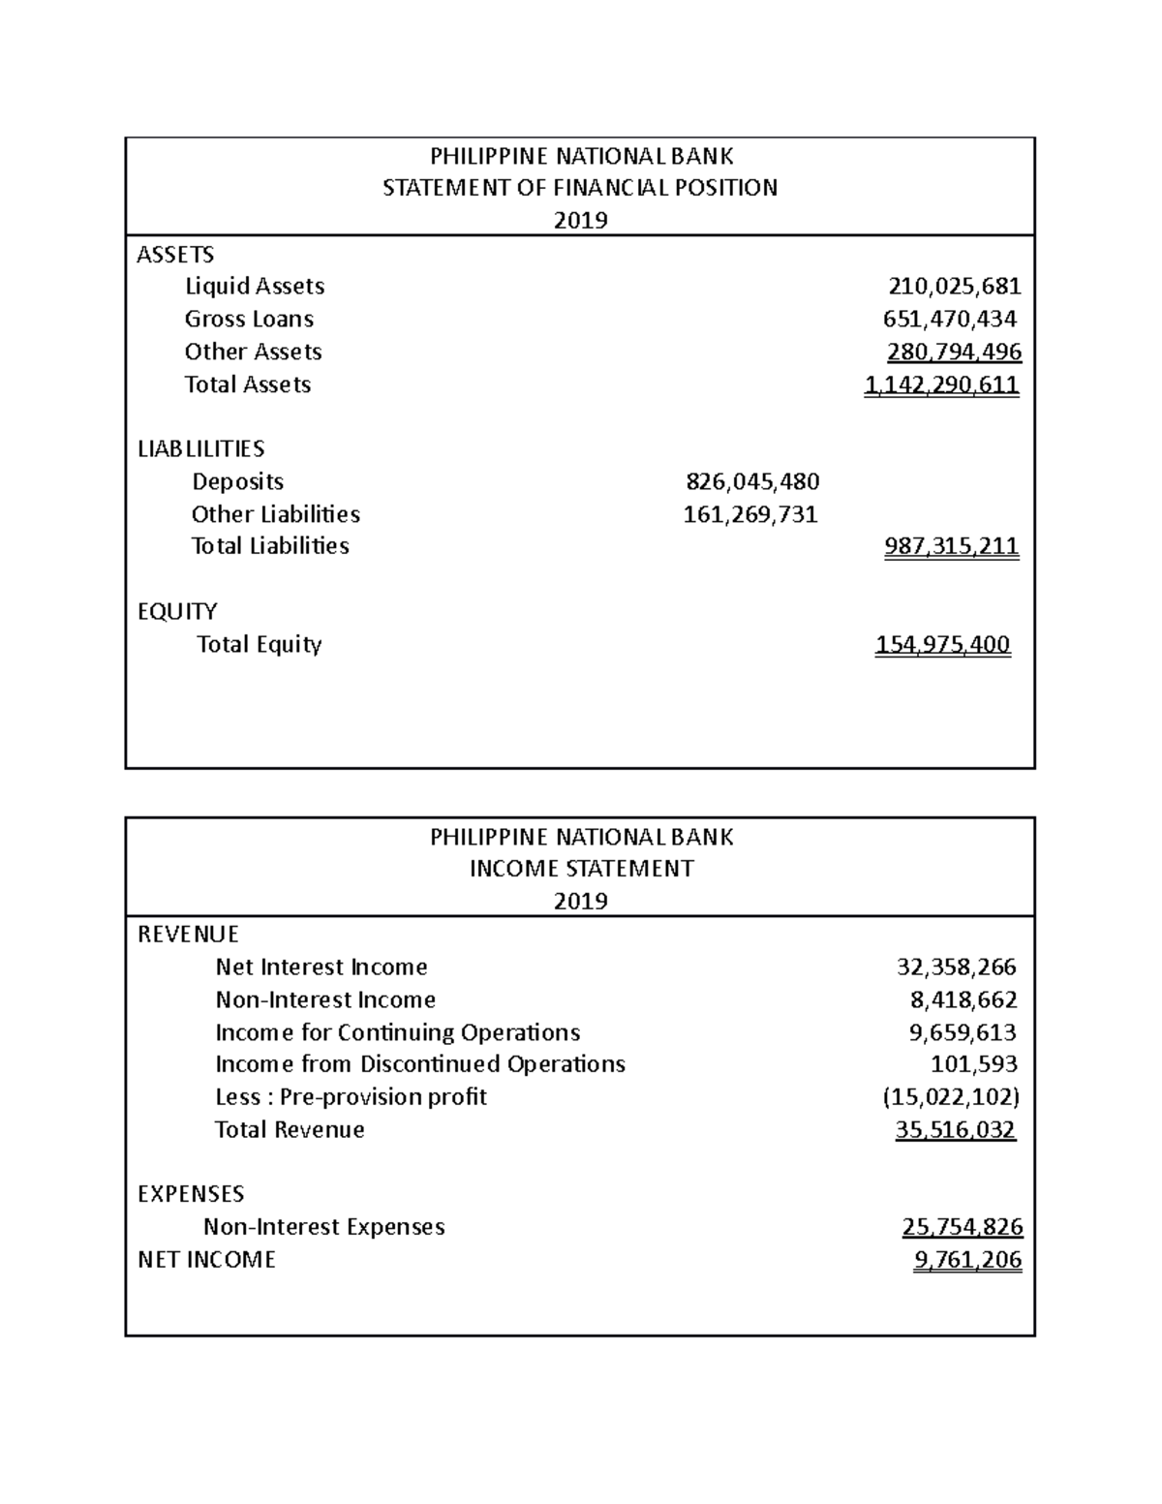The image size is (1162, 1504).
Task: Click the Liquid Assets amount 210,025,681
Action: [x=954, y=287]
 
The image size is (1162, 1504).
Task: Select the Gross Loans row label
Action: [x=249, y=320]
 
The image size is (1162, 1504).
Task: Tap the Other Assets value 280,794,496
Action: [x=954, y=352]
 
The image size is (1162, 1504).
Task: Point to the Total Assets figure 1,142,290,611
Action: [x=941, y=384]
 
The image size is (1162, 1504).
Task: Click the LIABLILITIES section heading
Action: [x=200, y=449]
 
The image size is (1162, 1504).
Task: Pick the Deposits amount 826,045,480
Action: [x=752, y=481]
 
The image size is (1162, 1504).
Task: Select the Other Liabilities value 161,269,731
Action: [x=750, y=514]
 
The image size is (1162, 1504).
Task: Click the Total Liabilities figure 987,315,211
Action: [x=951, y=546]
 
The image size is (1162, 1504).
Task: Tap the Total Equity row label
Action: [x=259, y=645]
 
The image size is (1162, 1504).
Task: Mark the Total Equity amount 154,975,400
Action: [x=942, y=645]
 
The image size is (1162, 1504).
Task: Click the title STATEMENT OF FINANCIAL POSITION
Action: [x=580, y=188]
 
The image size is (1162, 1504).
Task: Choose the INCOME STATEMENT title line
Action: [x=580, y=869]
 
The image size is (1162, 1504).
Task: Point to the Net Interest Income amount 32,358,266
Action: [x=957, y=967]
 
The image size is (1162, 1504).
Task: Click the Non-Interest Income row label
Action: [x=325, y=1000]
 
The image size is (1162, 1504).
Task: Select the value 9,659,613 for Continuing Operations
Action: [x=963, y=1032]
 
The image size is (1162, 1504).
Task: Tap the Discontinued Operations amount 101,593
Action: [x=973, y=1064]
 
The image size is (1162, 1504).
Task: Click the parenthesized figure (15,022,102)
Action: [x=951, y=1097]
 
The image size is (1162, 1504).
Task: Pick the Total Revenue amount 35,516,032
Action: [x=956, y=1130]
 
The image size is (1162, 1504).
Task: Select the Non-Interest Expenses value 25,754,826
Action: [x=962, y=1227]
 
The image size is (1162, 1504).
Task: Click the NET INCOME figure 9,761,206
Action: [x=967, y=1260]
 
